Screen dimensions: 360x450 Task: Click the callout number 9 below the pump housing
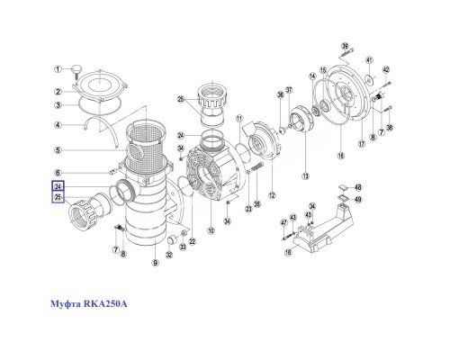155,262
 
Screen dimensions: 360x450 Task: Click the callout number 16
341,156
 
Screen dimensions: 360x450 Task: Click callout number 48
357,187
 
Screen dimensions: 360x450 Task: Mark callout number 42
385,69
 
